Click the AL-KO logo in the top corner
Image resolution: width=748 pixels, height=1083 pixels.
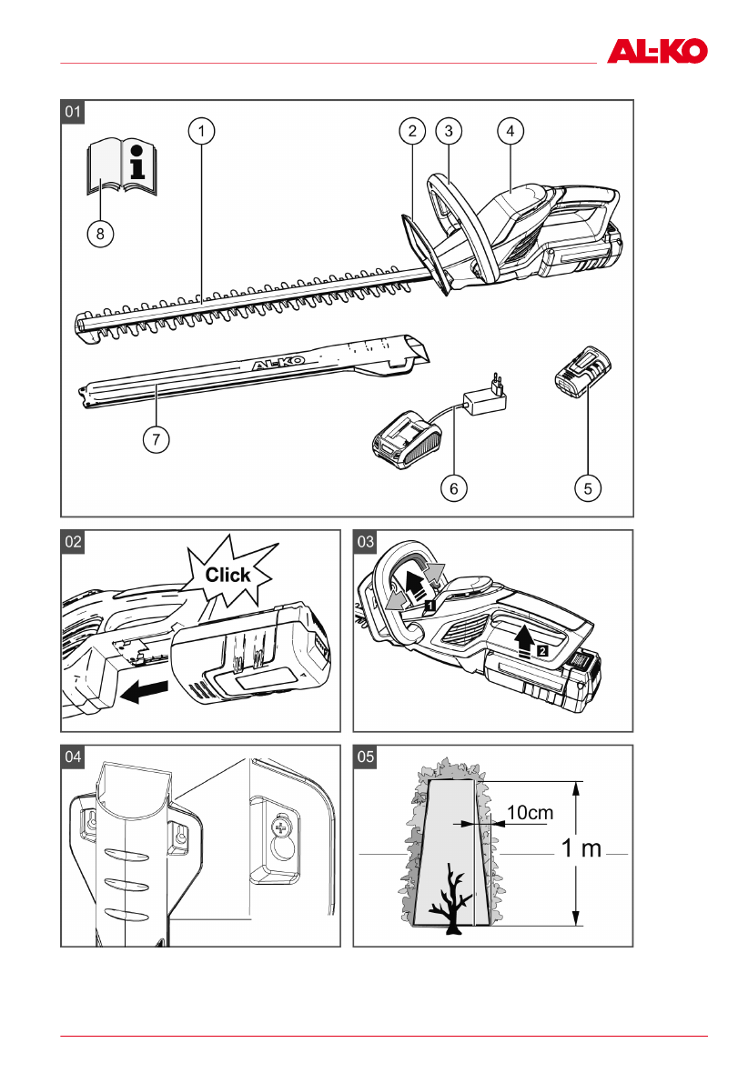(x=657, y=50)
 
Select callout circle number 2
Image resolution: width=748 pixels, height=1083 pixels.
(x=412, y=131)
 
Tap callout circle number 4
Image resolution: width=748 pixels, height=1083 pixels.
(x=510, y=131)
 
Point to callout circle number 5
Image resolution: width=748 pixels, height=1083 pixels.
(x=588, y=488)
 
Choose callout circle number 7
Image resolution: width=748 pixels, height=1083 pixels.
(x=156, y=440)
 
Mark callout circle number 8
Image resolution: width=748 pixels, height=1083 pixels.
(x=100, y=235)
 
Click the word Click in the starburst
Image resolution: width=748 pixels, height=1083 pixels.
(x=227, y=575)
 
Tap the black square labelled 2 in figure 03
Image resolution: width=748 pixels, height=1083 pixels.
(x=541, y=651)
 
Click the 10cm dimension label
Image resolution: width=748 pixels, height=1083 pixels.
(x=530, y=813)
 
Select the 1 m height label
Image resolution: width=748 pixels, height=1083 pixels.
(x=581, y=849)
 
